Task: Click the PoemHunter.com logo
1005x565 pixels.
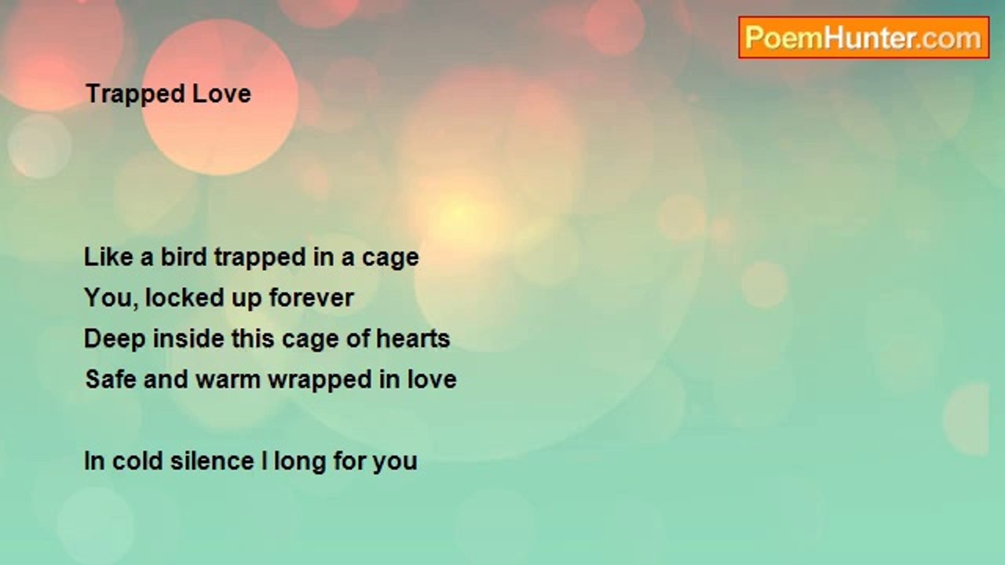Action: click(x=864, y=38)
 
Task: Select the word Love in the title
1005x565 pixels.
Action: click(x=221, y=93)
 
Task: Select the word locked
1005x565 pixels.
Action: click(x=185, y=297)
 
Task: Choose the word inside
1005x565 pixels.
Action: click(x=188, y=338)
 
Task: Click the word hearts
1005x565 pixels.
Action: click(x=413, y=338)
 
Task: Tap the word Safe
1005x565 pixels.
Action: click(x=111, y=379)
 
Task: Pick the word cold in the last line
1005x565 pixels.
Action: click(x=137, y=461)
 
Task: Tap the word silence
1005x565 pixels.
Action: click(x=212, y=461)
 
